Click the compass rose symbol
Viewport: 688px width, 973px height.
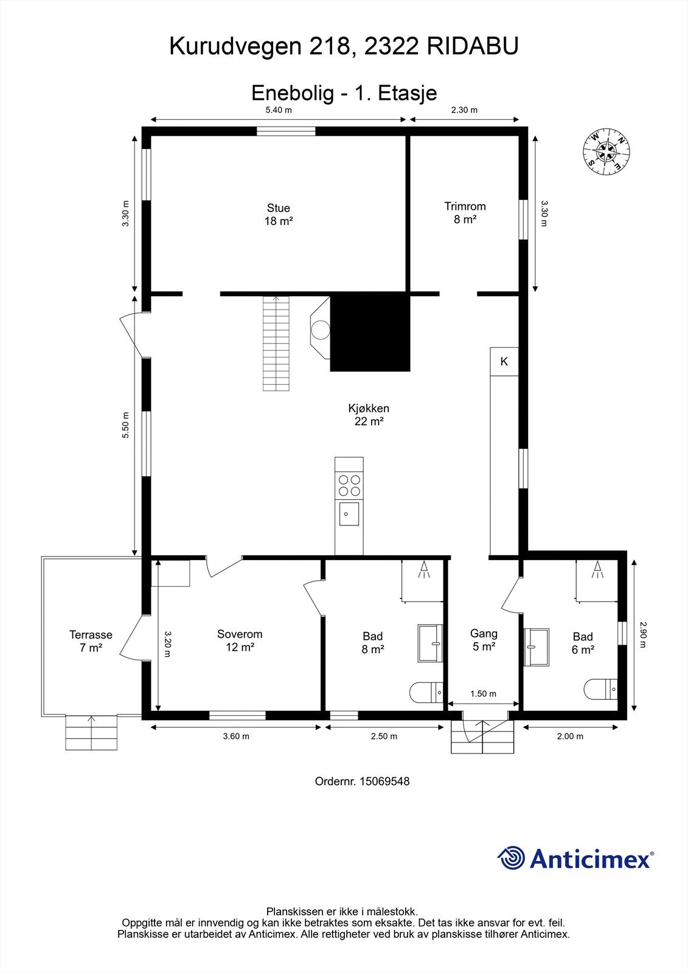[x=606, y=151]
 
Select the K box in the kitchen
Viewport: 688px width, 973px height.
[x=504, y=361]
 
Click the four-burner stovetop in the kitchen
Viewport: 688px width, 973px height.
[x=349, y=486]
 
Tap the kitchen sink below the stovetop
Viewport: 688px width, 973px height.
[x=349, y=514]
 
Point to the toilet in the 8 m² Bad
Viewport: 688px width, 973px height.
[x=426, y=692]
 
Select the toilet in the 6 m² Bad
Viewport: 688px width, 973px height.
[x=600, y=689]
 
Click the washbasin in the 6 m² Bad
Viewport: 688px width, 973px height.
[x=537, y=647]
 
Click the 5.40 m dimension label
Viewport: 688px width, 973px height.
[x=279, y=110]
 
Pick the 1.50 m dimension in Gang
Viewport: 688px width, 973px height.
[x=483, y=694]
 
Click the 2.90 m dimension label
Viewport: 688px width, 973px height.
[x=643, y=635]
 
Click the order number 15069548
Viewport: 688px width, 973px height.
[x=362, y=781]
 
